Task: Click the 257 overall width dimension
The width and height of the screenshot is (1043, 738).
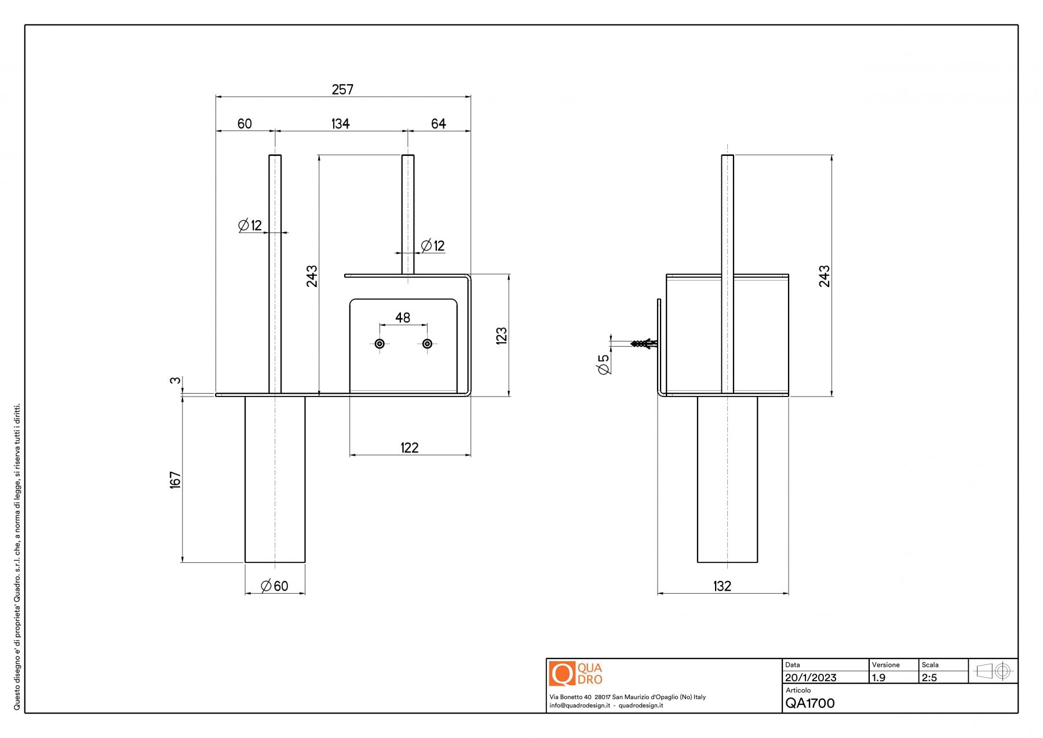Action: [x=342, y=89]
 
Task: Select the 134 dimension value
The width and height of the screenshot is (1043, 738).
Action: [x=341, y=123]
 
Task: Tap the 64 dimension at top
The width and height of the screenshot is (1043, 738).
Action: [x=439, y=123]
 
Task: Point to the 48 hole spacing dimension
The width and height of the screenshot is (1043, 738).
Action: [x=403, y=318]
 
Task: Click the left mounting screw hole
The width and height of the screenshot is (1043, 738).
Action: [x=380, y=344]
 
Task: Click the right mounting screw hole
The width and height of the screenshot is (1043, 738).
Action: [x=427, y=344]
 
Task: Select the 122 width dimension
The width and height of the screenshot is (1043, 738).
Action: [x=410, y=448]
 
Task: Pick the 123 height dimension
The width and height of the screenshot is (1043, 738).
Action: [x=502, y=336]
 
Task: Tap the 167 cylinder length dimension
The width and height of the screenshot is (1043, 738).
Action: [x=176, y=480]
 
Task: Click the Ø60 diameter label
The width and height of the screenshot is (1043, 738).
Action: [x=275, y=586]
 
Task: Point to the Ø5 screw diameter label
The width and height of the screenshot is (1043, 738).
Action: [x=604, y=364]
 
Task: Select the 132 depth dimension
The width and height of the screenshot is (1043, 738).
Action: [x=723, y=586]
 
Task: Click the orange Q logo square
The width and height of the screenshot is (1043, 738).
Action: [x=562, y=674]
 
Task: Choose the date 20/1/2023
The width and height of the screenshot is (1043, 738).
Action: [x=811, y=678]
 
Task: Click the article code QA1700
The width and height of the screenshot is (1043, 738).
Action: [x=810, y=703]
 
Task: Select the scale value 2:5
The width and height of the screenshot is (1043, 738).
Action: [x=929, y=678]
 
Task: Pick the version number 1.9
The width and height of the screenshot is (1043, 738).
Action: [x=879, y=678]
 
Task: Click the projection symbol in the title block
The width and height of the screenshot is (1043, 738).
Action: [x=994, y=671]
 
